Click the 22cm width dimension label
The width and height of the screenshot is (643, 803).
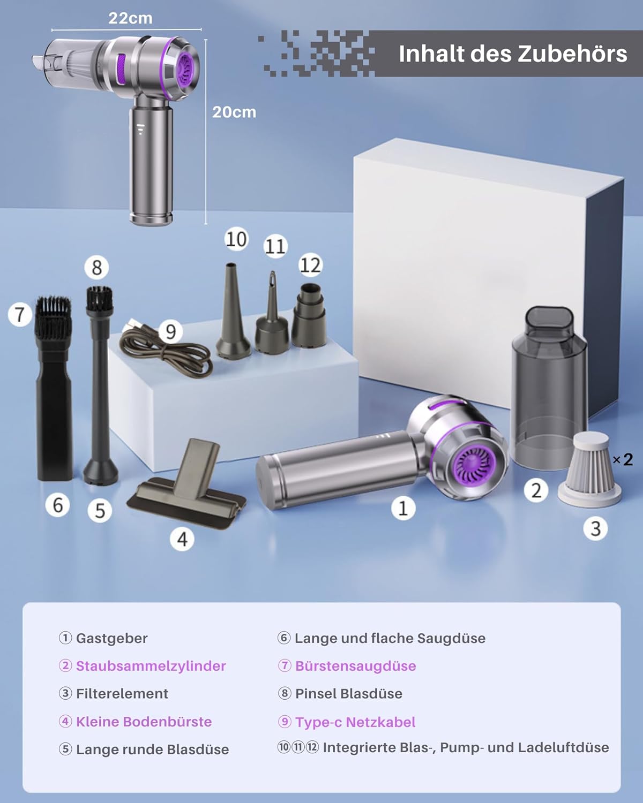pos(130,18)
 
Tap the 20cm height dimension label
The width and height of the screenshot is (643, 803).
pos(234,112)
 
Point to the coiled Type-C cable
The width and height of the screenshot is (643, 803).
pos(165,349)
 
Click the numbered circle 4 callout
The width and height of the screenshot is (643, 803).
pos(182,539)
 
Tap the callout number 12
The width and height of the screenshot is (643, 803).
pos(310,266)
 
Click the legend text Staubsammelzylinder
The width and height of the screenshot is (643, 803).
pos(151,665)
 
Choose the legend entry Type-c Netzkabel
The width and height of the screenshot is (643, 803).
pos(355,722)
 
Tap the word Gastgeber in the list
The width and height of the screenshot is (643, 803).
pos(111,639)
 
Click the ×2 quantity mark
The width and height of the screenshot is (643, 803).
pos(623,460)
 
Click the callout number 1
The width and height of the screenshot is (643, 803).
pos(403,508)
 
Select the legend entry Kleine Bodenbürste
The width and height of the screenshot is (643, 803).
pos(144,722)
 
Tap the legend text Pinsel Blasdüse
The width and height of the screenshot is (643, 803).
pos(349,694)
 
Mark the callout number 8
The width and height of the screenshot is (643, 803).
pos(96,268)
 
